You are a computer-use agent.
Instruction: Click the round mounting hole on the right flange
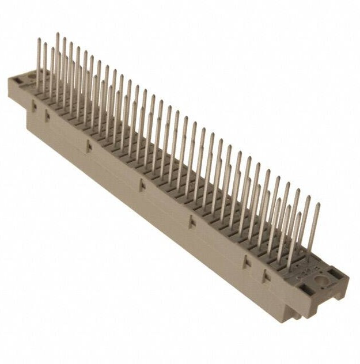click(320, 282)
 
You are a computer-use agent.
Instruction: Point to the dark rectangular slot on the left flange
click(16, 86)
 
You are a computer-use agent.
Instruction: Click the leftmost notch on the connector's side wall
click(34, 105)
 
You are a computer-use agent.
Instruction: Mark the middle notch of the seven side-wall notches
click(140, 184)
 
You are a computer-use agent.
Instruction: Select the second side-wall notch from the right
click(246, 262)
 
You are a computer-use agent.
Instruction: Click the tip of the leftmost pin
click(39, 40)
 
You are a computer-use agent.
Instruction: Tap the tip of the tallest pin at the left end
click(57, 34)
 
